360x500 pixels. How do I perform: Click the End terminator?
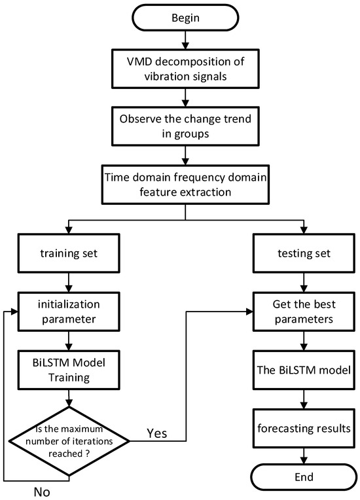(x=303, y=476)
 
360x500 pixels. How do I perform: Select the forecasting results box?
(x=303, y=429)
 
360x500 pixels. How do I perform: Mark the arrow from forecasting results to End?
(x=303, y=454)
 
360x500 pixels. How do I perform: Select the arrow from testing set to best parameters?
(x=303, y=280)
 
